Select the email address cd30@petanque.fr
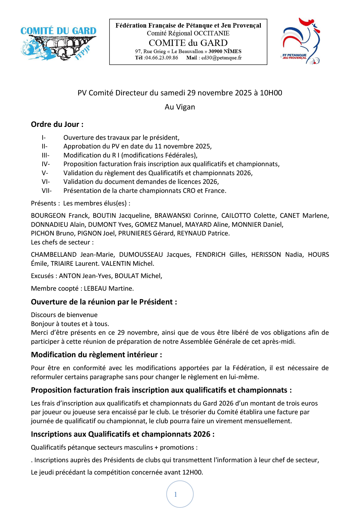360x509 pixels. click(x=221, y=58)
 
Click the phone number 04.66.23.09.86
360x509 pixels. click(x=161, y=58)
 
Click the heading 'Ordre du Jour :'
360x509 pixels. click(x=57, y=124)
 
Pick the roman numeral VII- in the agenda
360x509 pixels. click(x=46, y=191)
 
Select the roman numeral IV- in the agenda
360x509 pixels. click(x=46, y=164)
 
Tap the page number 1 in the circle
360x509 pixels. click(x=176, y=494)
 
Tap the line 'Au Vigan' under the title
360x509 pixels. click(x=180, y=107)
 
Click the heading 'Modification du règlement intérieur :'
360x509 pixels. click(x=96, y=355)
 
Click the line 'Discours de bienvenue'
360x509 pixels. click(x=64, y=315)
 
